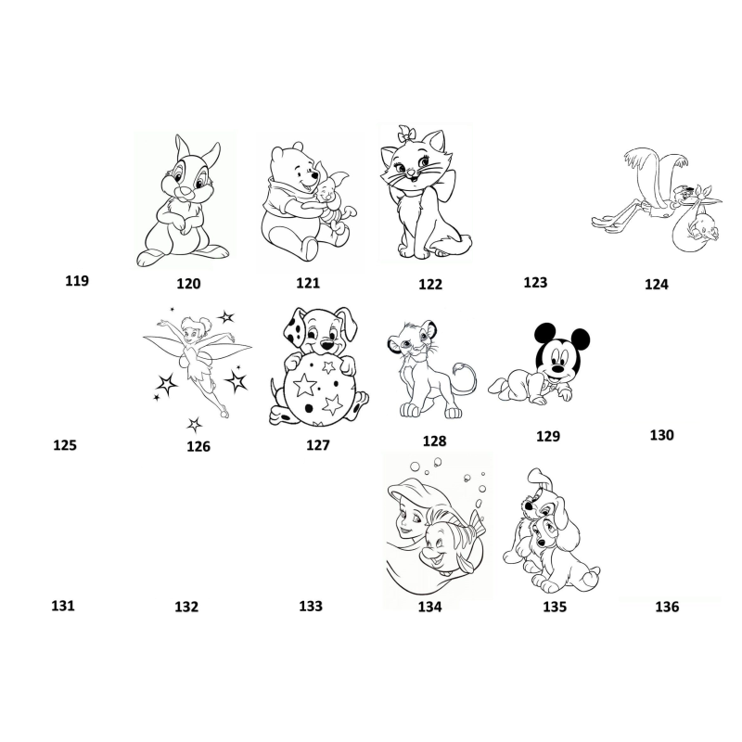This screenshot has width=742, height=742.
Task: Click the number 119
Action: point(77,281)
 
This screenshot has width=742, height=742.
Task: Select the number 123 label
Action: point(535,282)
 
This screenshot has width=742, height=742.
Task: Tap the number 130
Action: point(661,435)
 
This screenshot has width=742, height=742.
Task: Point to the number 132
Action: point(186,607)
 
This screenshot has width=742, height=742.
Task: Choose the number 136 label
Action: point(667,607)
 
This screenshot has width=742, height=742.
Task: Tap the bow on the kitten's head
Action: point(406,134)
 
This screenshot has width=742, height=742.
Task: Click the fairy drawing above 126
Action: point(198,365)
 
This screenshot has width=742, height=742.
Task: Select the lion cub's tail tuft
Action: point(460,367)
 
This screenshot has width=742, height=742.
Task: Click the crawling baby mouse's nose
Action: point(558,366)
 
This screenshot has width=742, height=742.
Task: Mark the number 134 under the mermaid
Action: point(429,607)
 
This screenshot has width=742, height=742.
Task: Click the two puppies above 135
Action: point(550,531)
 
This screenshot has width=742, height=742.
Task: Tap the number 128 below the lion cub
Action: point(434,441)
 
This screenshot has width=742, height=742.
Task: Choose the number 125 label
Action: point(65,445)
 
